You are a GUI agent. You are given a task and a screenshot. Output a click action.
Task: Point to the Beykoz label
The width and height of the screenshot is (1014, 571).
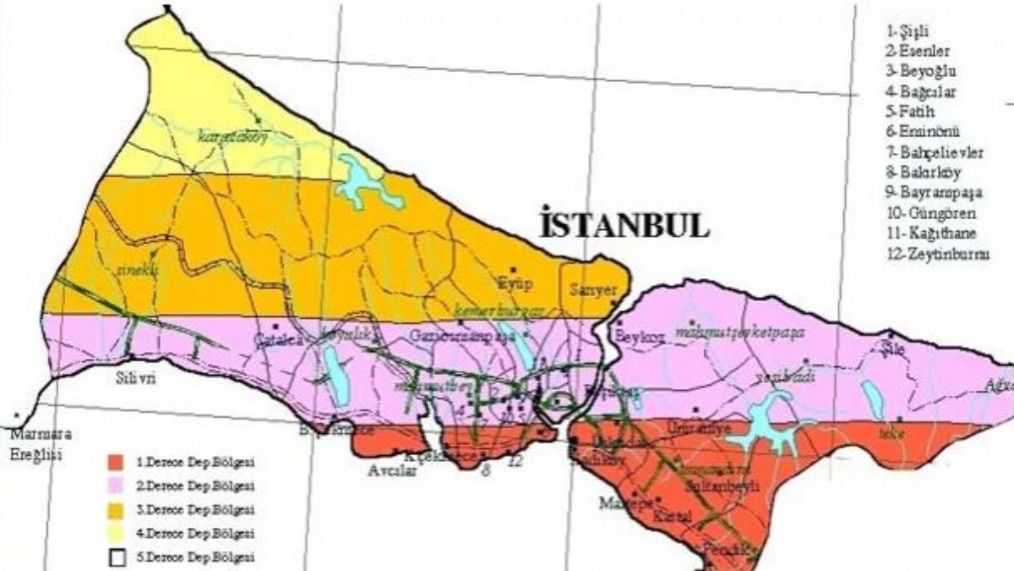(641, 336)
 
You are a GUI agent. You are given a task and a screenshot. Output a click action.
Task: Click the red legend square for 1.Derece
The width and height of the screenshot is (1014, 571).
(116, 463)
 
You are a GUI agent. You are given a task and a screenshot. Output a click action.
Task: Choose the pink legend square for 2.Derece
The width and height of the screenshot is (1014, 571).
(116, 486)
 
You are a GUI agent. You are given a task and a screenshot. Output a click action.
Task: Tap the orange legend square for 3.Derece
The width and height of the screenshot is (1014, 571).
(116, 510)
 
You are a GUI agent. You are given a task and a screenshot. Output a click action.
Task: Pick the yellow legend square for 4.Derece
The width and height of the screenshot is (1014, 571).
(116, 534)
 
